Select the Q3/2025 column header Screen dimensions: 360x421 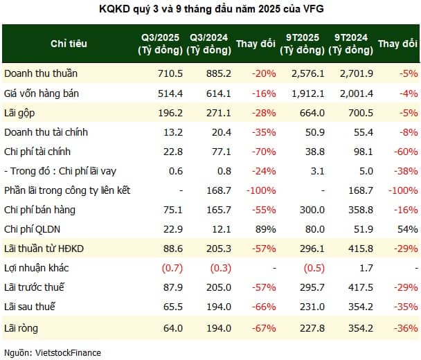(x=161, y=44)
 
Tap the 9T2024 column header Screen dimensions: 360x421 (x=350, y=44)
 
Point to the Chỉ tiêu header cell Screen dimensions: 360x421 (x=69, y=44)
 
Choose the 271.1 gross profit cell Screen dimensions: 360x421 (x=218, y=111)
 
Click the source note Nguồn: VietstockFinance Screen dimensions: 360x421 (x=52, y=352)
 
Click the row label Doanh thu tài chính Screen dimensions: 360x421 (x=43, y=132)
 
